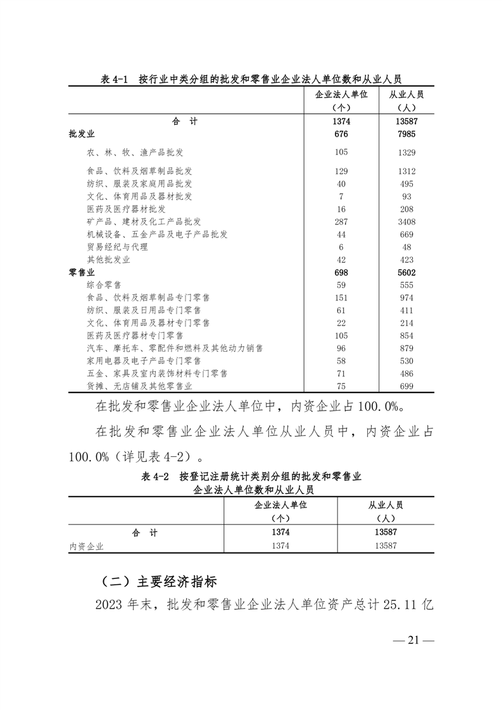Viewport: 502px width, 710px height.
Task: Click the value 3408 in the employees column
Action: pyautogui.click(x=406, y=221)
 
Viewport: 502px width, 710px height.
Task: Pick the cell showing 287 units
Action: pyautogui.click(x=341, y=221)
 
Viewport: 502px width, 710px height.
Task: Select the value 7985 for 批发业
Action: pyautogui.click(x=406, y=134)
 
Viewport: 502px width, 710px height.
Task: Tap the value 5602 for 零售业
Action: pyautogui.click(x=406, y=272)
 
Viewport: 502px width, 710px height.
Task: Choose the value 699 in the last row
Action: pyautogui.click(x=406, y=385)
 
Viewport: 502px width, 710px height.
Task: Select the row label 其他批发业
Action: pyautogui.click(x=108, y=259)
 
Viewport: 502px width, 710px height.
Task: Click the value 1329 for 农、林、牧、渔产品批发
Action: pyautogui.click(x=406, y=153)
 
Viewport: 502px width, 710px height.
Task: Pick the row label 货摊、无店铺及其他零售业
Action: pyautogui.click(x=139, y=385)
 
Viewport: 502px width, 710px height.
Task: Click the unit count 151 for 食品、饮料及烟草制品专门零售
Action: pyautogui.click(x=341, y=297)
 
